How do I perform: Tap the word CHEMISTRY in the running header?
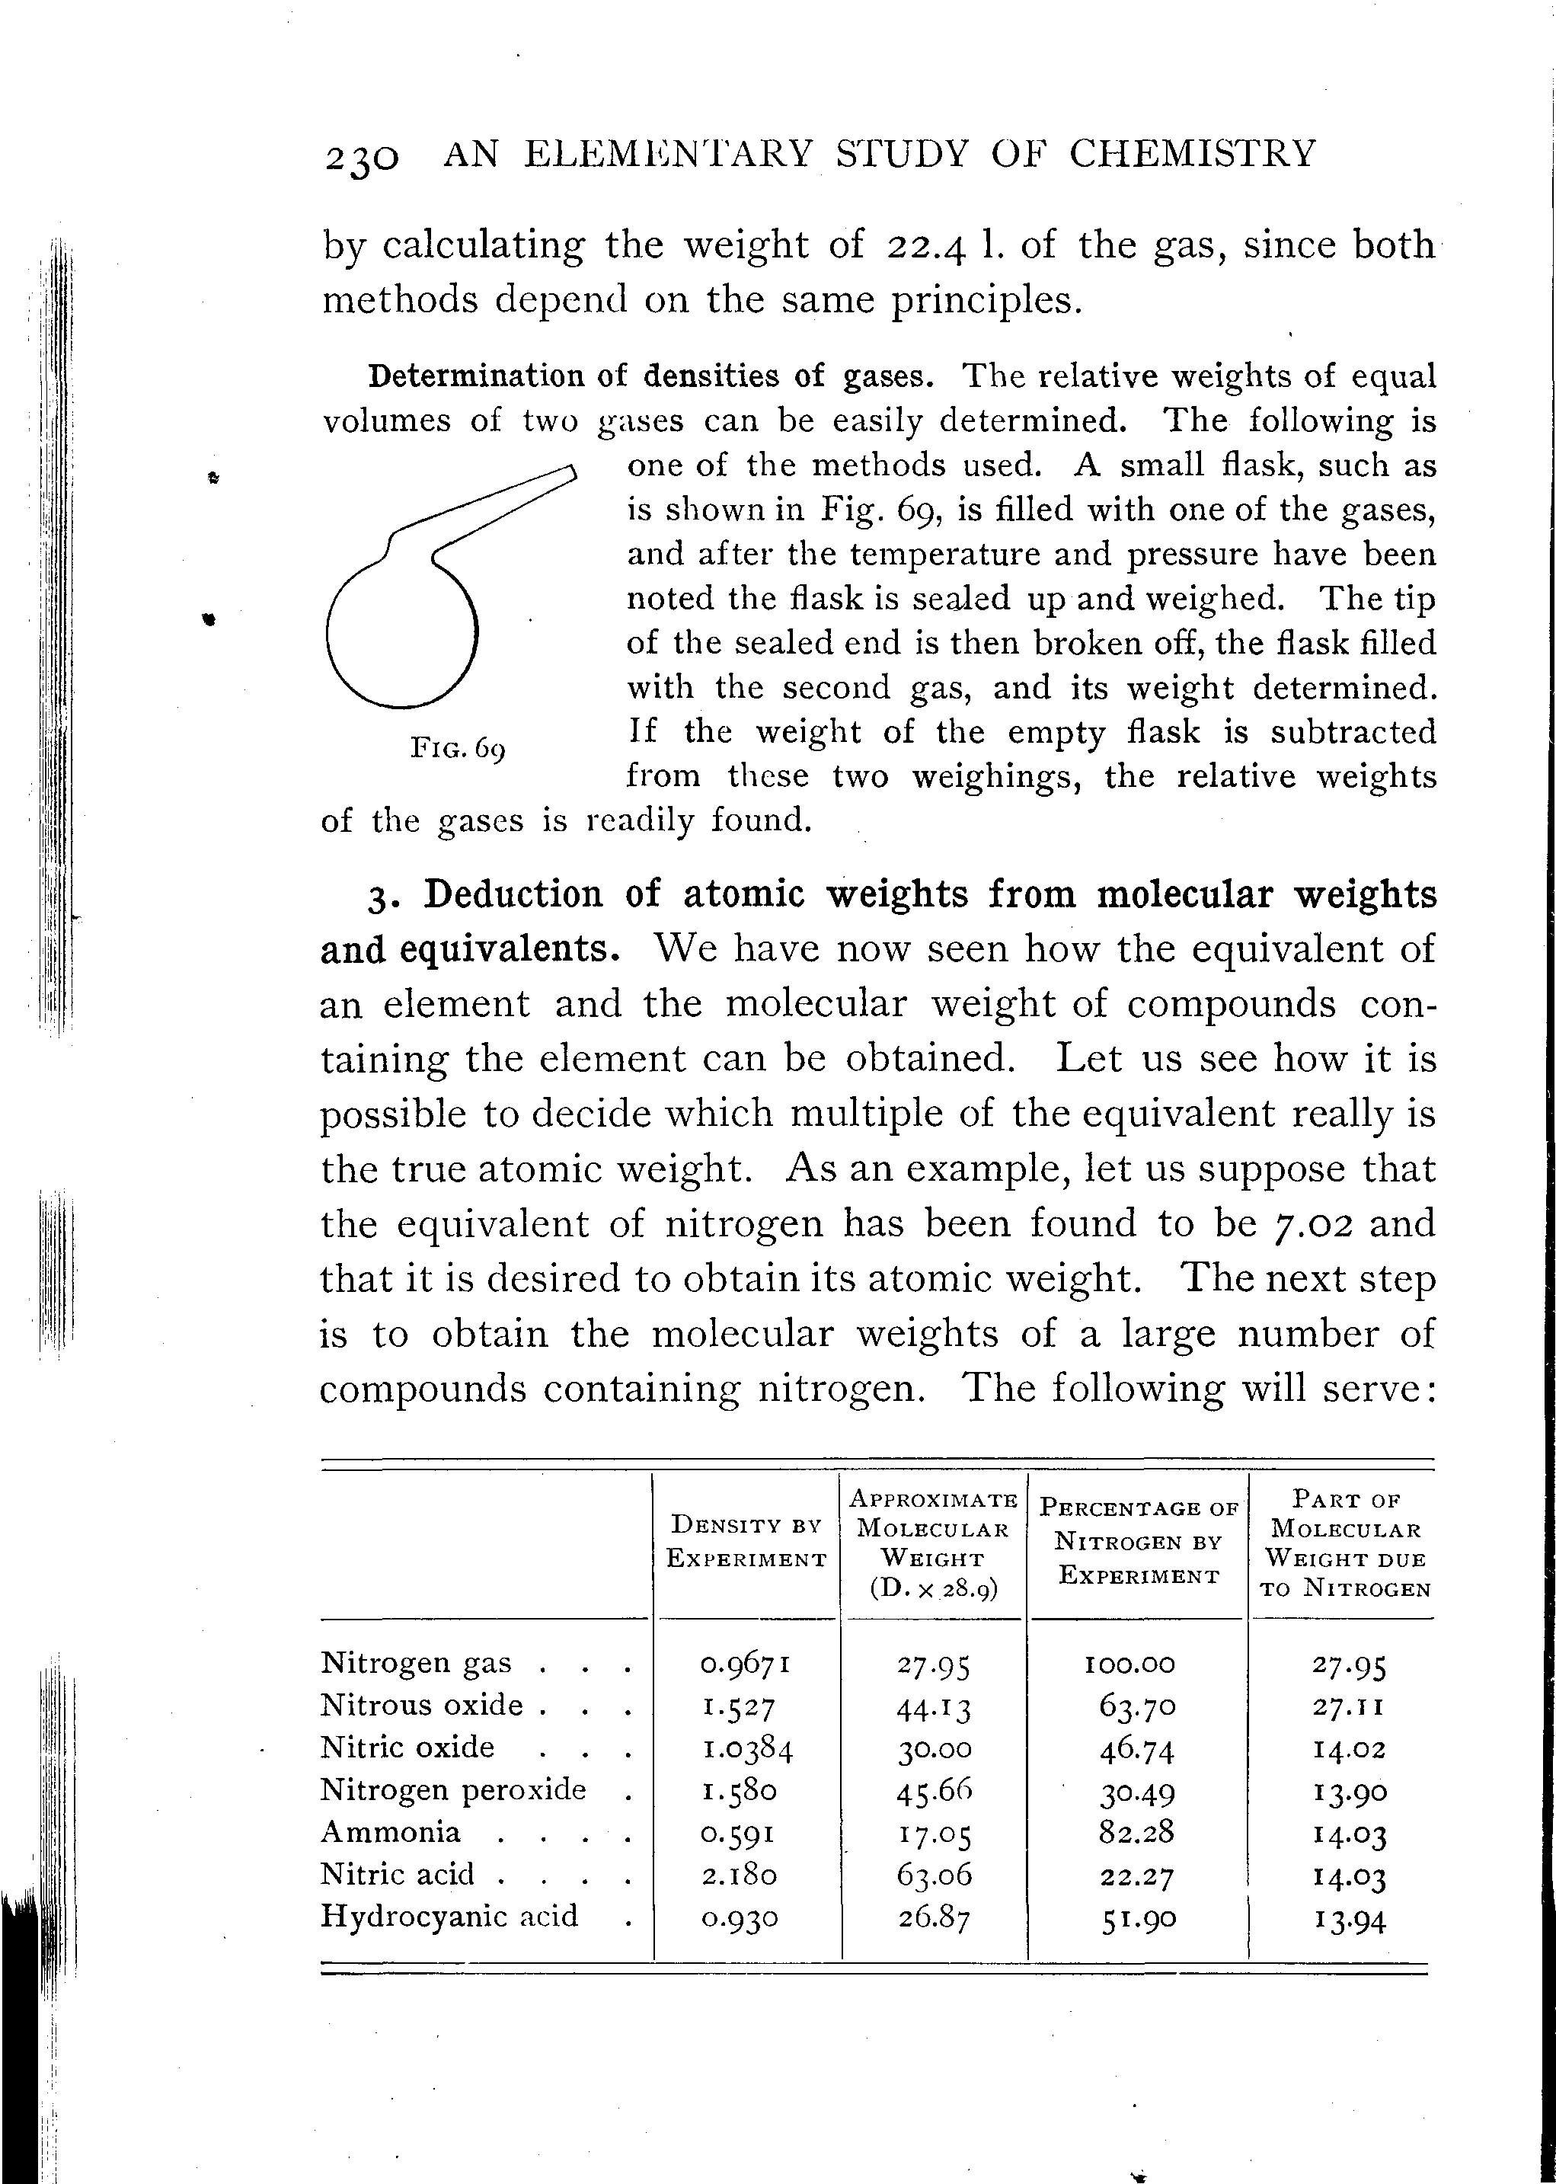[x=1193, y=153]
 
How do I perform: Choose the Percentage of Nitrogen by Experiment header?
[x=1139, y=1542]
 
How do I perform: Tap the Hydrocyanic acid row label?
[x=449, y=1916]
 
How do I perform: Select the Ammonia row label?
[x=390, y=1831]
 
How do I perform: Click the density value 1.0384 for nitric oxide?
[x=746, y=1750]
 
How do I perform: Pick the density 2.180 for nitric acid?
[x=739, y=1875]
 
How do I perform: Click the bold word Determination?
[x=476, y=376]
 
